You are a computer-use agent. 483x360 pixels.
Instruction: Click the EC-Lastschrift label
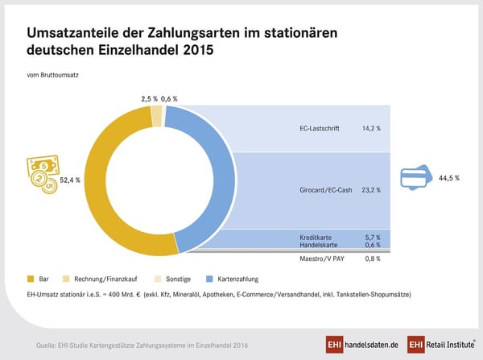[x=312, y=127]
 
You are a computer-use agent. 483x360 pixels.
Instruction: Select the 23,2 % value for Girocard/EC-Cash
[x=370, y=190]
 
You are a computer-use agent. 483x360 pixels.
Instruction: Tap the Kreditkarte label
[x=307, y=238]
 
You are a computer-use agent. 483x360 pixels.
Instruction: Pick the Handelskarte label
[x=308, y=245]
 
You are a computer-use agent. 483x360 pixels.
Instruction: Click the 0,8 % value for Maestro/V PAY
[x=370, y=259]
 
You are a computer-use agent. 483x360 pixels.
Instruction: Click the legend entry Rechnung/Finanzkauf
[x=101, y=278]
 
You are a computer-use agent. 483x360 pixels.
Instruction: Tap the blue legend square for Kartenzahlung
[x=212, y=278]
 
